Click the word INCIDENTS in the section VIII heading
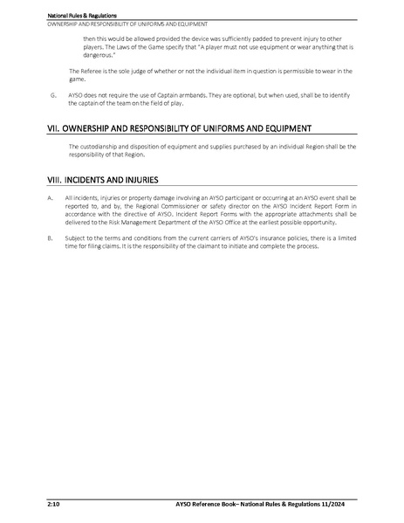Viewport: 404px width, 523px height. [85, 181]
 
